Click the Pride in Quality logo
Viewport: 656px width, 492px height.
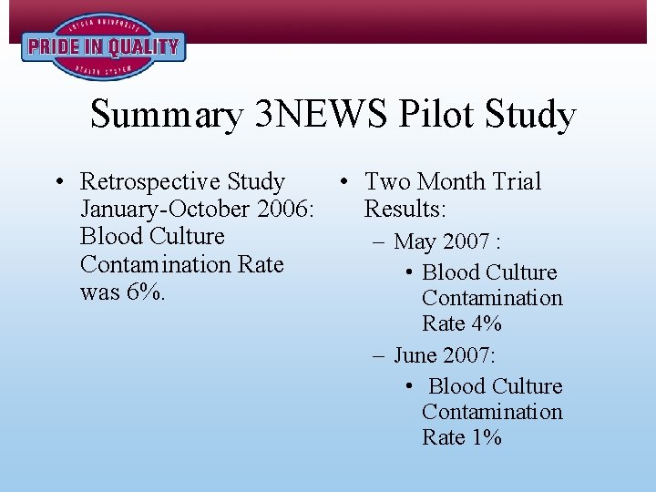tap(103, 46)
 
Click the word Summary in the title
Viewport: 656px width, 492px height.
tap(167, 115)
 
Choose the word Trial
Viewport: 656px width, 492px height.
tap(517, 182)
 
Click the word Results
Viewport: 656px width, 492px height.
tap(405, 210)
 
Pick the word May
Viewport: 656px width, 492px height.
tap(415, 243)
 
